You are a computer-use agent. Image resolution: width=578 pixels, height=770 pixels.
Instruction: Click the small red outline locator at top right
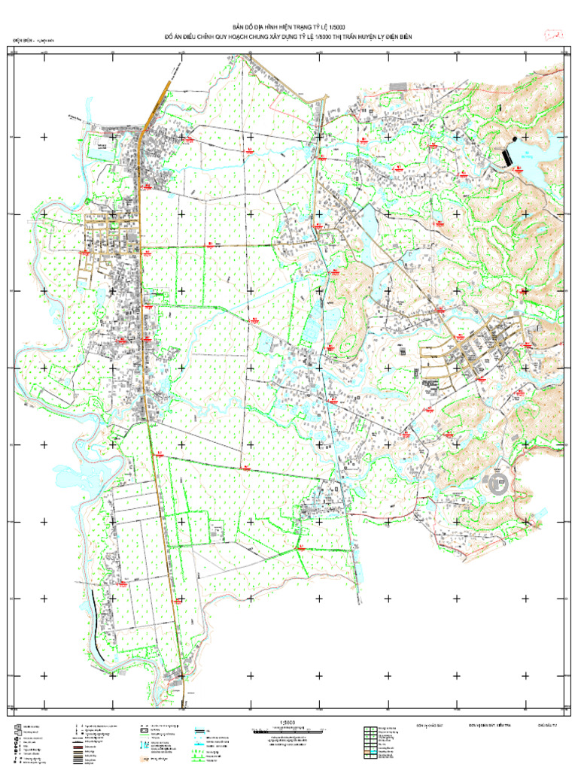(555, 35)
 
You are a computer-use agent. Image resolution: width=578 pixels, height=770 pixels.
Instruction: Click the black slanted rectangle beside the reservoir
(509, 156)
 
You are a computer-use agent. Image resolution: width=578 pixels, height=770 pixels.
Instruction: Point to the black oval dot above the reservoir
(514, 139)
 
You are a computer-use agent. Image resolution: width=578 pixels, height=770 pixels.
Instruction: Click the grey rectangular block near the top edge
(397, 87)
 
